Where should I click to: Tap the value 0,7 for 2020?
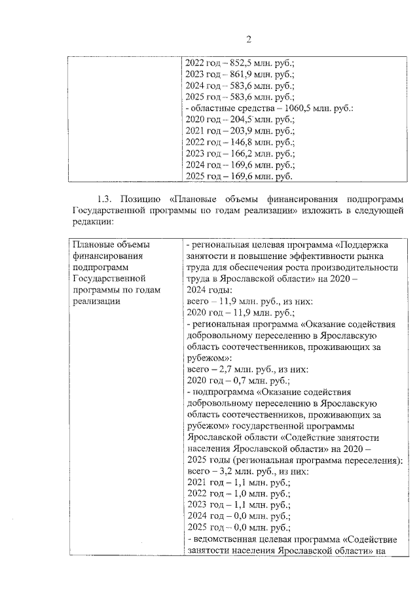point(238,380)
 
